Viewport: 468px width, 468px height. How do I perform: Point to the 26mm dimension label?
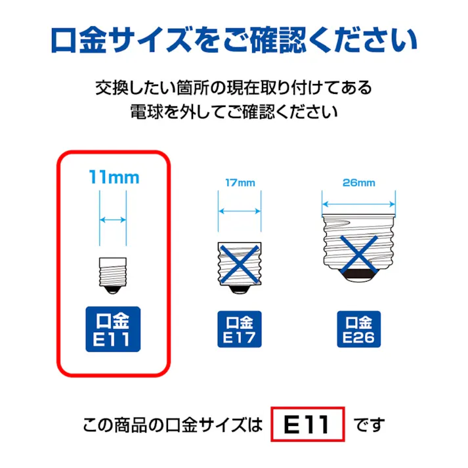359,183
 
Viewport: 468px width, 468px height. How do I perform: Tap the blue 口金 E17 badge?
239,330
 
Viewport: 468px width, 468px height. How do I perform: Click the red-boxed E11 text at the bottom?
307,425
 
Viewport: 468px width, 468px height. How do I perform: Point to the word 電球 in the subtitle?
146,111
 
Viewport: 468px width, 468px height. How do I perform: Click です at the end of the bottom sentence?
370,425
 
